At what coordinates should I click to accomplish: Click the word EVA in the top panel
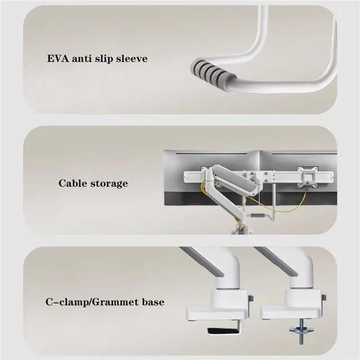[59, 57]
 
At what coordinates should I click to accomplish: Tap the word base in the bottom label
[152, 302]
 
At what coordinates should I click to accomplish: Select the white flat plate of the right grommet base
[290, 310]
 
